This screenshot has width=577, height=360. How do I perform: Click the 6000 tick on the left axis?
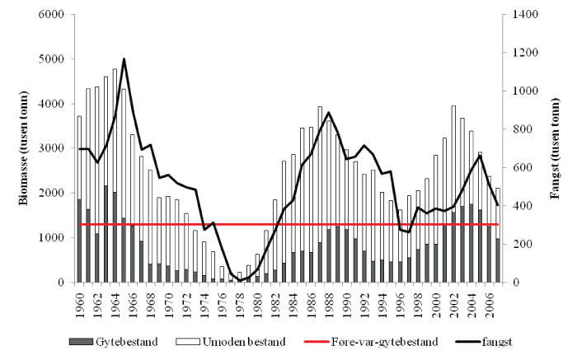[x=56, y=15]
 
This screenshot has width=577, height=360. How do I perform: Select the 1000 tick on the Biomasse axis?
[x=56, y=238]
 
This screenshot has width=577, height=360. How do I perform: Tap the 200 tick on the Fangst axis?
[x=514, y=245]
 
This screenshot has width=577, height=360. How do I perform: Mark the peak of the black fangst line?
[x=124, y=59]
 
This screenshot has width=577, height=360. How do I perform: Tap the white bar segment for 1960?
[x=79, y=157]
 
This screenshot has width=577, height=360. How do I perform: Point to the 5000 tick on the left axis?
[x=56, y=59]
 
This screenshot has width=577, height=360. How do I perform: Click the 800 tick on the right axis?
[x=514, y=129]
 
